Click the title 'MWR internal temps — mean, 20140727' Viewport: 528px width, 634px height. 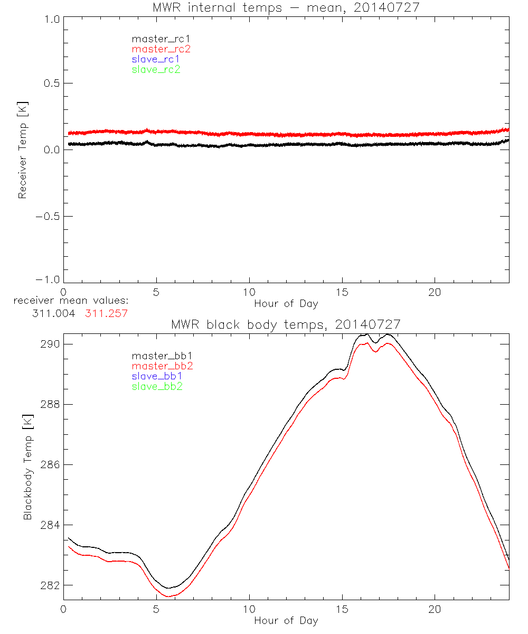pyautogui.click(x=286, y=7)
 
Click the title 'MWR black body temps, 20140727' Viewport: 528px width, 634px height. pyautogui.click(x=286, y=324)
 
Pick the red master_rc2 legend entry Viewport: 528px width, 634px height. pyautogui.click(x=161, y=49)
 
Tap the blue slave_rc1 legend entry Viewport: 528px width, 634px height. pyautogui.click(x=156, y=59)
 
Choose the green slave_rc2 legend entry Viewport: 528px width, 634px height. pyautogui.click(x=156, y=69)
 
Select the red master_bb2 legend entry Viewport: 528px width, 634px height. pyautogui.click(x=162, y=366)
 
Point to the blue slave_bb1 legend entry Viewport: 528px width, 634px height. pyautogui.click(x=157, y=376)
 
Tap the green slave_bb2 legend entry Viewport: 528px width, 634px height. pyautogui.click(x=157, y=386)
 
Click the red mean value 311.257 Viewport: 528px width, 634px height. pyautogui.click(x=107, y=313)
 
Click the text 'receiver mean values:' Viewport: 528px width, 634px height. pyautogui.click(x=71, y=301)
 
